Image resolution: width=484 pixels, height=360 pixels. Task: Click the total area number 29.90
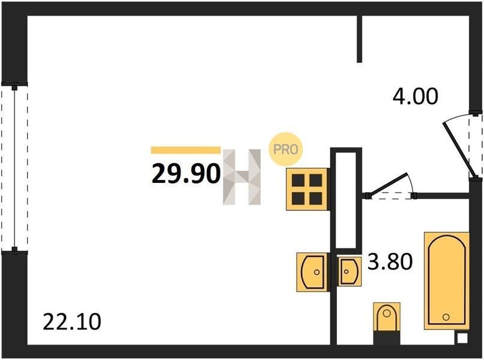tap(186, 173)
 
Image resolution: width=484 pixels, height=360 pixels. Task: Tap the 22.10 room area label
tap(71, 322)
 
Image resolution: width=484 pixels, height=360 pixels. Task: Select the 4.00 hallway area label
tap(415, 96)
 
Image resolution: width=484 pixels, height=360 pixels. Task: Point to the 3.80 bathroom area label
tap(390, 261)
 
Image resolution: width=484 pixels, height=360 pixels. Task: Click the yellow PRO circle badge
tap(285, 149)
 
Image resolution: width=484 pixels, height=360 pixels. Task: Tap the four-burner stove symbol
tap(307, 190)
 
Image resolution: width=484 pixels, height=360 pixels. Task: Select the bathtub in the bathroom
tap(447, 281)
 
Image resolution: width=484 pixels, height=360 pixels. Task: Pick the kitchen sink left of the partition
tap(312, 272)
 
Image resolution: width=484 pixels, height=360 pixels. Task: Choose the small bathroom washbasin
tap(349, 271)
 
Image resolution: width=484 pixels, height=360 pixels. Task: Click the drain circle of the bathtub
tap(446, 317)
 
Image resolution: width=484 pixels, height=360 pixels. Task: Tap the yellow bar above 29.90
tap(186, 150)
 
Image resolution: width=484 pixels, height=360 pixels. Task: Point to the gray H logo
tap(241, 177)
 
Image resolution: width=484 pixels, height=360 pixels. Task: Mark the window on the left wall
tap(14, 167)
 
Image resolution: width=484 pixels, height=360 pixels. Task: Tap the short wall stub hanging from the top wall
tap(359, 39)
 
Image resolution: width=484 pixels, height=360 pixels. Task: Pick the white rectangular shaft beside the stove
tap(346, 199)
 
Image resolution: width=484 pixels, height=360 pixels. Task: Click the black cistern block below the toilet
tap(387, 338)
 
